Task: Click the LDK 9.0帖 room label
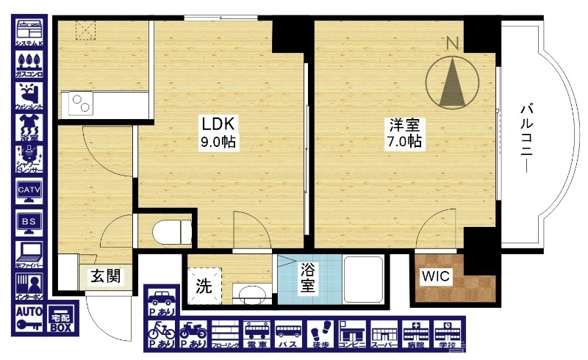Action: (219, 132)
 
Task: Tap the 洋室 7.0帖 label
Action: (405, 132)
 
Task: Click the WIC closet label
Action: (436, 277)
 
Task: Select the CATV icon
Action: (30, 190)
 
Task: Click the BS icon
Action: (30, 222)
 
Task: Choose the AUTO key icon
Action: (29, 318)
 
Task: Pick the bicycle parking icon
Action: (161, 334)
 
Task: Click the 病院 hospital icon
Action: (415, 334)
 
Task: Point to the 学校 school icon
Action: (447, 334)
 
